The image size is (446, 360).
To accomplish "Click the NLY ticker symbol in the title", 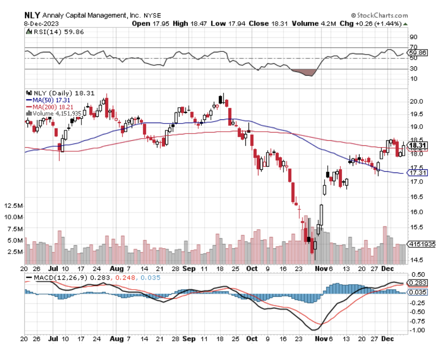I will click(31, 15).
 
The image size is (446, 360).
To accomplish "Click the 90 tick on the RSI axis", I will click(414, 37).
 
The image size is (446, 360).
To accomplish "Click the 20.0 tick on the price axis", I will click(416, 101).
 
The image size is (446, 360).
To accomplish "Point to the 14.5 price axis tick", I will click(416, 260).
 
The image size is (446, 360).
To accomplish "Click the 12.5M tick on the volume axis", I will click(14, 206).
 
